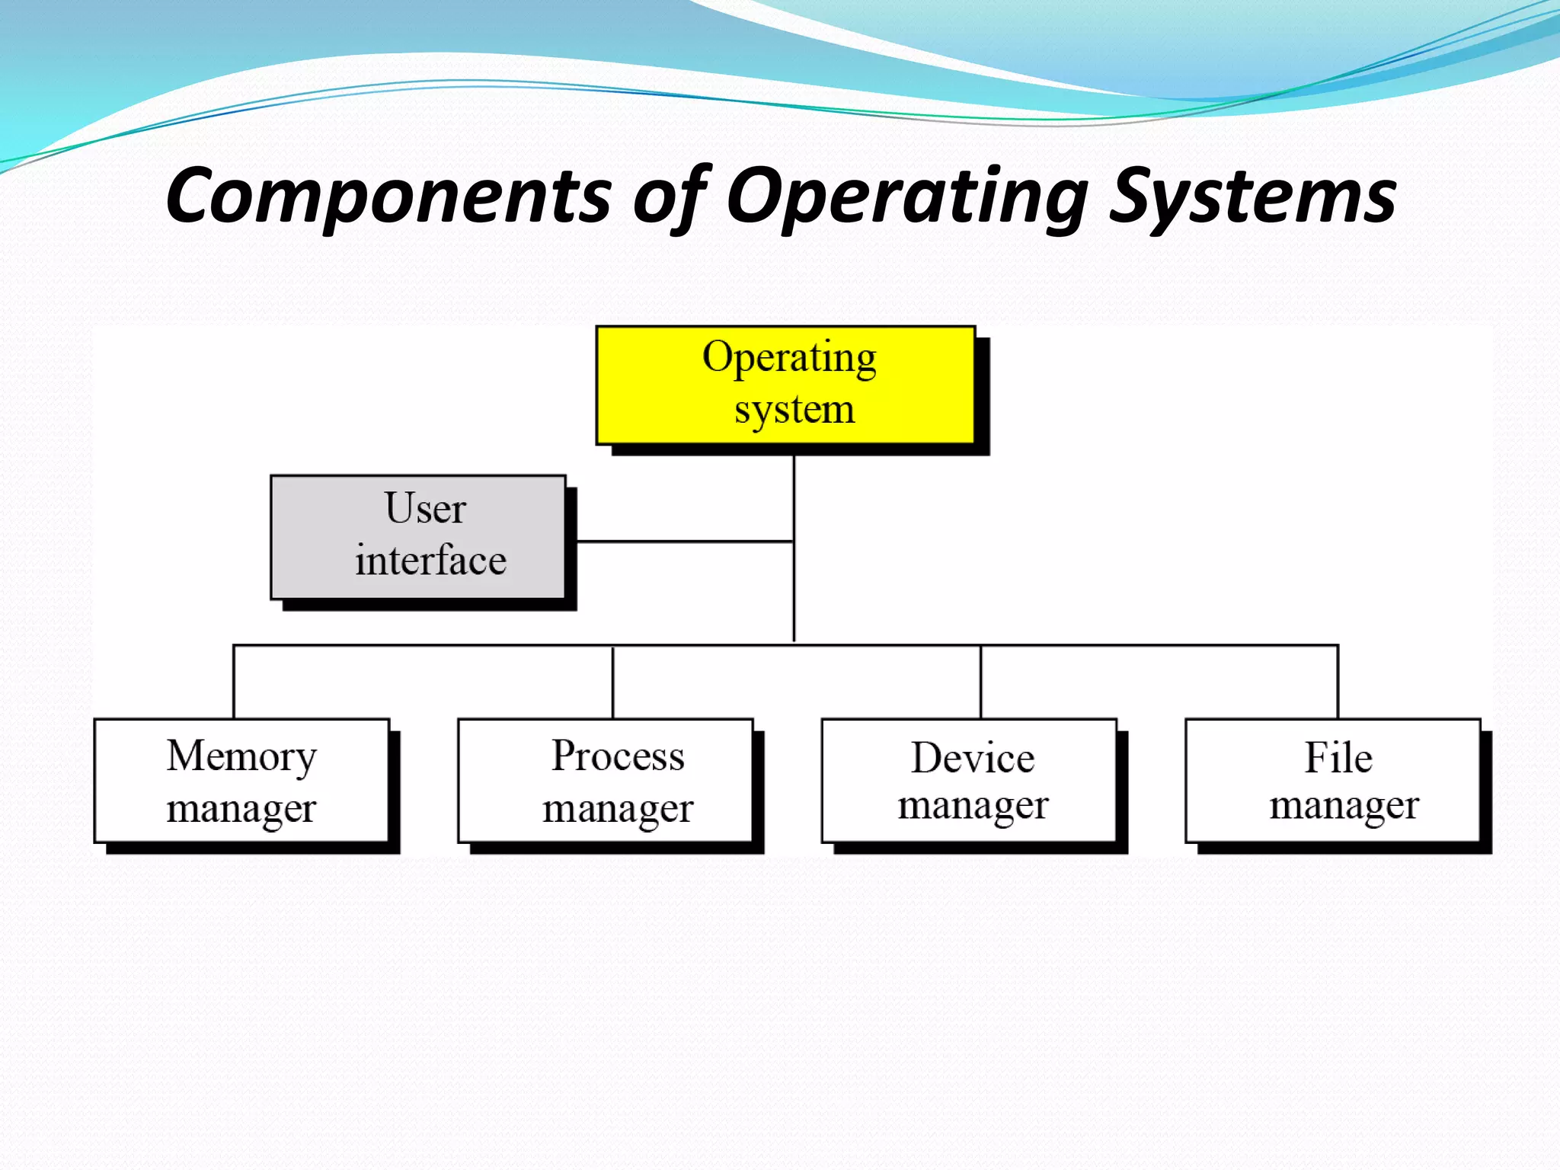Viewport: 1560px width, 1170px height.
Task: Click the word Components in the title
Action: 388,197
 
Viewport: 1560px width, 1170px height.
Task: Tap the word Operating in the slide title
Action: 906,197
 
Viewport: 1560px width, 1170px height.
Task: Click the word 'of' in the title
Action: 670,197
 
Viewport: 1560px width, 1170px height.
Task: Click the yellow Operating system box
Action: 785,385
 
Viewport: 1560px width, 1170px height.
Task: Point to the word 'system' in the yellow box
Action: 794,410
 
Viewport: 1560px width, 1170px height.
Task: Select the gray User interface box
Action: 418,536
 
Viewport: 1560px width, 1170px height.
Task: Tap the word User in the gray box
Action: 424,508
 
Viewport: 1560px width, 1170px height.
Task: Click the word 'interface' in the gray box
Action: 430,561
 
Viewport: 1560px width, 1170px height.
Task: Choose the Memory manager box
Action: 241,780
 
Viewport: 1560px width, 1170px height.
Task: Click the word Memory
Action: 241,756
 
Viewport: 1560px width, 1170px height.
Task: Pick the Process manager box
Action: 605,780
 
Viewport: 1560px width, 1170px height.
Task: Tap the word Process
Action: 618,756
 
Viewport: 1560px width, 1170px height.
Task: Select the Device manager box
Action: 969,780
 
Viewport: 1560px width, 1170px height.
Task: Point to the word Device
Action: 973,758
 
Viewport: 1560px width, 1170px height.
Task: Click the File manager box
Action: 1333,780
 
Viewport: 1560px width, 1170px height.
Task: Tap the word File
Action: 1338,758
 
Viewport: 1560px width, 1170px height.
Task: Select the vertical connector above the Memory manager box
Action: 234,682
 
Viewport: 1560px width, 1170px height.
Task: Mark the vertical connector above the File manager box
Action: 1338,682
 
